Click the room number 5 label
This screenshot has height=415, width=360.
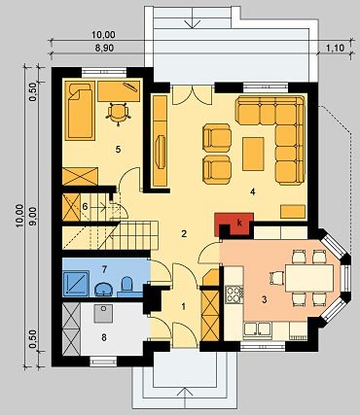point(118,150)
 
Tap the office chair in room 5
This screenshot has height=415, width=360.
point(118,114)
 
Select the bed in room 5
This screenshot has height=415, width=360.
point(80,111)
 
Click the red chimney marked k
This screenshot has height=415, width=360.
point(234,225)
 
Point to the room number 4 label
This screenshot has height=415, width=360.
point(252,191)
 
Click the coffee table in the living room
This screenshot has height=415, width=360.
point(253,154)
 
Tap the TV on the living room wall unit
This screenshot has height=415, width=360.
point(161,152)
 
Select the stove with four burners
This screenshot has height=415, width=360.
point(234,294)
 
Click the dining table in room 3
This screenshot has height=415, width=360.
point(309,278)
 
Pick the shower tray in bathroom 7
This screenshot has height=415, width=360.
point(76,284)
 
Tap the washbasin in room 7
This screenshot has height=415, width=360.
point(104,289)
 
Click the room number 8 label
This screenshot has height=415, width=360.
point(104,338)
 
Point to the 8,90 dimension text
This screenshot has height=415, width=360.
point(105,49)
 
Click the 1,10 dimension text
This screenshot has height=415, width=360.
point(335,49)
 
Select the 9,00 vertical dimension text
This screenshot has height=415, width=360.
point(34,216)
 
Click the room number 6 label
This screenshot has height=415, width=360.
point(85,206)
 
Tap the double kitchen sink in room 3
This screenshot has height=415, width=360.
point(258,329)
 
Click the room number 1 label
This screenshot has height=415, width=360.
point(184,306)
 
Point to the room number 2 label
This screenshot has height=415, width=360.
point(184,234)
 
